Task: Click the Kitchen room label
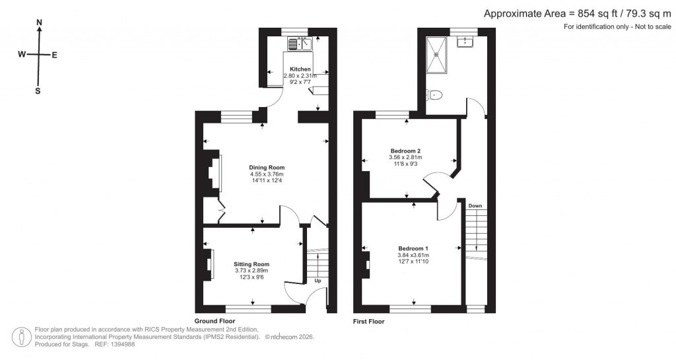[300, 69]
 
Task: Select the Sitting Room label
[252, 264]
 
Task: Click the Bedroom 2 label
[405, 151]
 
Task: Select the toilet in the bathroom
[435, 95]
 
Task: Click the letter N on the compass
[39, 22]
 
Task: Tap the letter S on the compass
[38, 91]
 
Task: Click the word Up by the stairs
[318, 281]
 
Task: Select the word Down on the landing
[475, 206]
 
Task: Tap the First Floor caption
[368, 322]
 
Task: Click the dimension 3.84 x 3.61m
[413, 256]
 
